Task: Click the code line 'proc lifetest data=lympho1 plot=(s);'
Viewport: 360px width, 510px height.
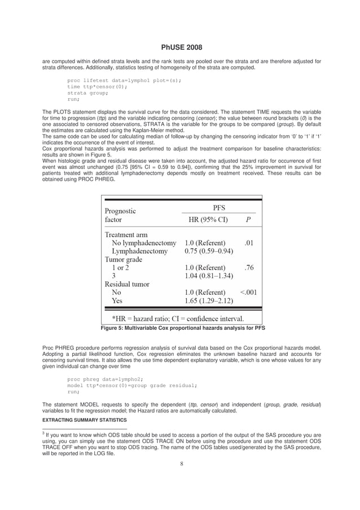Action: click(x=124, y=80)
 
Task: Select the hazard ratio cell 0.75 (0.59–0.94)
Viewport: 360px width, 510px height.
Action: click(x=209, y=251)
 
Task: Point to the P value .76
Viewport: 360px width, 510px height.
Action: click(x=248, y=267)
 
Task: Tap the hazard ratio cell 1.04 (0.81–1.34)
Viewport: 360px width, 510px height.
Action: click(x=209, y=276)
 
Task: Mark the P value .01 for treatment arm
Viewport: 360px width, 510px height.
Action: click(x=248, y=242)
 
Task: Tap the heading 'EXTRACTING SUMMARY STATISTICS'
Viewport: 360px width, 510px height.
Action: click(x=85, y=420)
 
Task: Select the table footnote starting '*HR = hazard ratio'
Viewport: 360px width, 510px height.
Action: click(x=178, y=318)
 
